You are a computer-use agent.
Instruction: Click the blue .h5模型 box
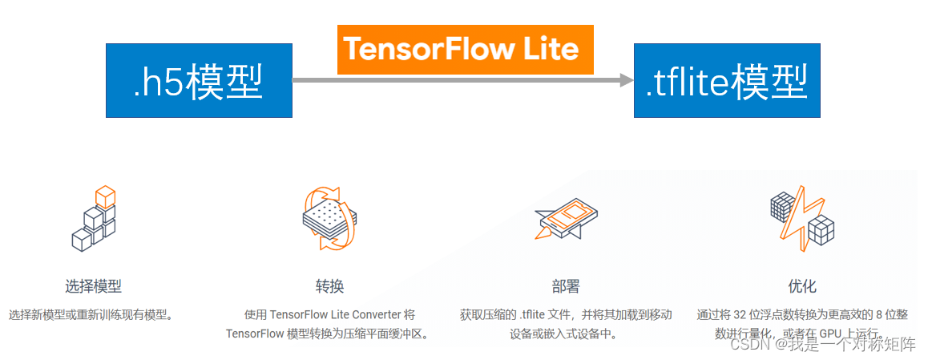[x=199, y=80]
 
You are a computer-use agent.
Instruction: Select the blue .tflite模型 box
[x=727, y=80]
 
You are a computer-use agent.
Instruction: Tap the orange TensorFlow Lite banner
[x=465, y=50]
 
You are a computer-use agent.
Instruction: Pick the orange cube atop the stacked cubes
[x=105, y=195]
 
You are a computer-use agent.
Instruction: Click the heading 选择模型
[x=94, y=286]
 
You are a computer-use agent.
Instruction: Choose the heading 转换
[x=329, y=286]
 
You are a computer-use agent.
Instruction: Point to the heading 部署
[x=566, y=286]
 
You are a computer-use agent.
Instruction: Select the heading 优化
[x=802, y=286]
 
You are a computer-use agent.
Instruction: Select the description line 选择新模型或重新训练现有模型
[x=91, y=314]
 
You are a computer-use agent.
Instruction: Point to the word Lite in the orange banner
[x=550, y=50]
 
